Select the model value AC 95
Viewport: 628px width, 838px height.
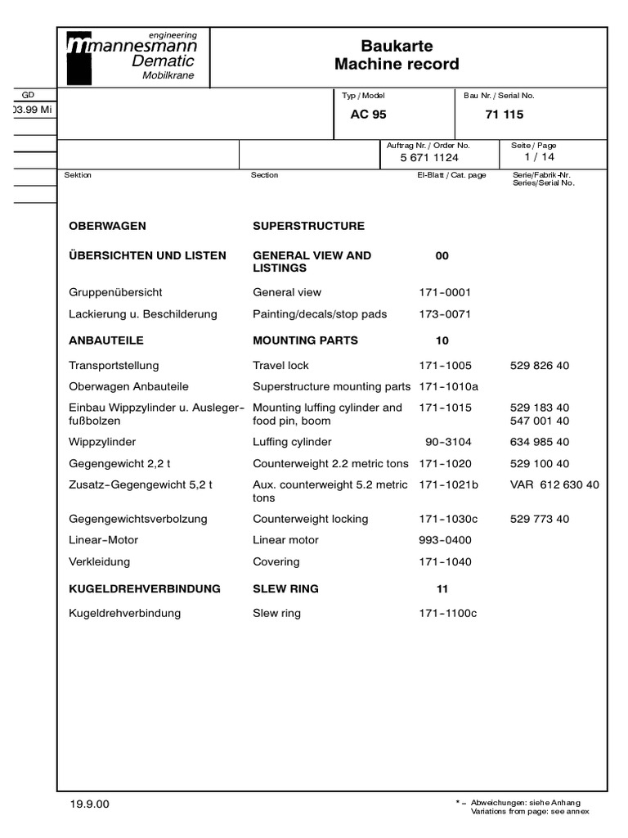tap(368, 115)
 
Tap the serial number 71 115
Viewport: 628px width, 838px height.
tap(504, 115)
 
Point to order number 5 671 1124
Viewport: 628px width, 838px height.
tap(429, 157)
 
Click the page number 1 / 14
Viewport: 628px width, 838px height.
tap(540, 156)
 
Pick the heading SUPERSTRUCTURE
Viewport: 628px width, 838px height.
tap(308, 226)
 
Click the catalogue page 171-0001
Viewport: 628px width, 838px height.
tap(445, 292)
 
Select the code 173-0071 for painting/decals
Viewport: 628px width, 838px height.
tap(445, 314)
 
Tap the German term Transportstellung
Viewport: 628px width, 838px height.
tap(114, 366)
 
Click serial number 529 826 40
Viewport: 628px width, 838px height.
tap(540, 366)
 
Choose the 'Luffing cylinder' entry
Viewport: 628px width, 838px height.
tap(292, 442)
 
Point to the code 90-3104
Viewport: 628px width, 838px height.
tap(448, 442)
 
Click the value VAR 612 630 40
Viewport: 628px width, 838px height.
tap(554, 484)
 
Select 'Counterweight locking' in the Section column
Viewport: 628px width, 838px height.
tap(311, 519)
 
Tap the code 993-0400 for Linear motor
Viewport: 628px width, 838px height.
tap(445, 540)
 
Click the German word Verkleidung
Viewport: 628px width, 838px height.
tap(100, 562)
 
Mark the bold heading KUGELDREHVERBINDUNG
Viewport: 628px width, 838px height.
tap(146, 588)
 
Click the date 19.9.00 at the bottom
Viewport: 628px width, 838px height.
tap(90, 804)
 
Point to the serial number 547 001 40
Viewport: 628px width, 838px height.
tap(540, 421)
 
